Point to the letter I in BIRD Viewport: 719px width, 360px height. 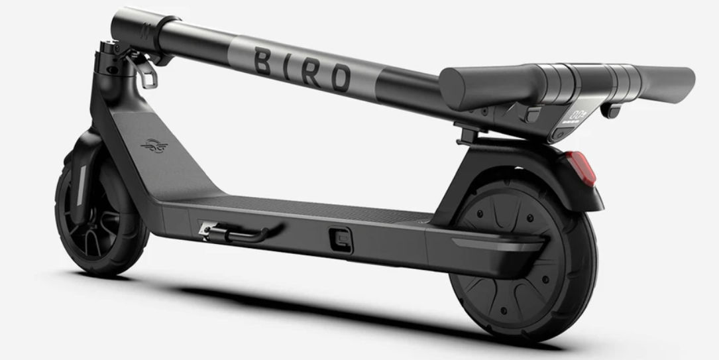click(x=289, y=66)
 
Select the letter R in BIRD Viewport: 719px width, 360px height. click(x=312, y=72)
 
